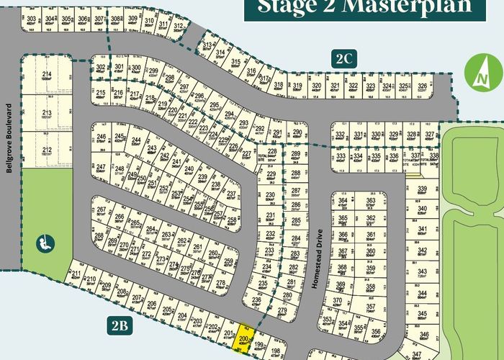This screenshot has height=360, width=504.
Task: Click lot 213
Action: tap(47, 115)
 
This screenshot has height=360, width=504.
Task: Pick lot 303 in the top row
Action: tap(31, 21)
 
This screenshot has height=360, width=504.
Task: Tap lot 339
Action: tap(423, 191)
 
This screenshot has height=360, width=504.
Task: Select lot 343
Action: tap(423, 273)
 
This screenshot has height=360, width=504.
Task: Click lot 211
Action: tap(76, 274)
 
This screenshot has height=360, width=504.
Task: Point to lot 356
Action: tap(376, 332)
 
